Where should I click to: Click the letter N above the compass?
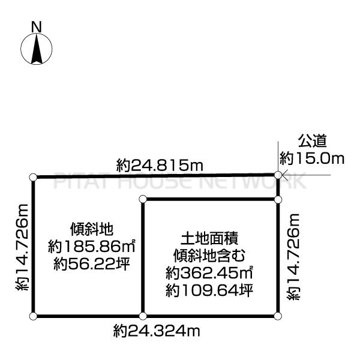point(36,27)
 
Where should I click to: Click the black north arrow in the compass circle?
point(37,49)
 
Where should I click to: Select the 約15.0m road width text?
point(312,158)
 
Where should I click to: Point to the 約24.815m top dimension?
point(160,165)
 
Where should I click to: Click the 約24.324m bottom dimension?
point(157,331)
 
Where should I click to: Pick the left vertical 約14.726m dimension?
point(22,247)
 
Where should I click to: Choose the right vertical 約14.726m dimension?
point(293,257)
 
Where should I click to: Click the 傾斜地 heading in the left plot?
point(92,229)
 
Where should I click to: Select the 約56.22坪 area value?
point(92,264)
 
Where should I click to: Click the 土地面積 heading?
point(209,239)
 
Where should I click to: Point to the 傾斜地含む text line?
point(209,256)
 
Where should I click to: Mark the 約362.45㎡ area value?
point(209,273)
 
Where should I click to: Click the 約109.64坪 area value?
point(209,290)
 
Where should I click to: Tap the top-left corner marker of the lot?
point(33,177)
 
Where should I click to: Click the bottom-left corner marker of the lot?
point(33,316)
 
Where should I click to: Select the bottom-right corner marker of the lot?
point(278,316)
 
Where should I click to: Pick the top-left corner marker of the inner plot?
point(143,199)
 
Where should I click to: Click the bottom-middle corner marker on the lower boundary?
point(143,316)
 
